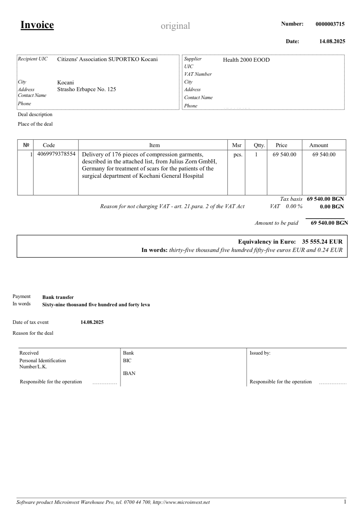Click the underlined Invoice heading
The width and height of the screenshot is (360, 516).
pos(37,25)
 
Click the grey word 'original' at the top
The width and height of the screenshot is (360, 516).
pos(175,26)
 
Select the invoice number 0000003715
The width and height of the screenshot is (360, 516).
pos(330,24)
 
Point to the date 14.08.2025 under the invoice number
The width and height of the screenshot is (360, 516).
pos(332,41)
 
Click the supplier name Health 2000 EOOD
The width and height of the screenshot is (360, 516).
pos(246,60)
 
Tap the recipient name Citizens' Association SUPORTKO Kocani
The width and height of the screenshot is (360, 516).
pos(107,59)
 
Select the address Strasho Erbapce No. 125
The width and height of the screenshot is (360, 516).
pos(87,90)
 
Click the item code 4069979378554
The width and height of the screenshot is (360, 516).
pos(56,154)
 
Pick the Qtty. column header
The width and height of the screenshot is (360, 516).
pos(259,145)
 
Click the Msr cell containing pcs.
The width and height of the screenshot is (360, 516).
pos(238,155)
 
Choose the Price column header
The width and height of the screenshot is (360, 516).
pos(281,145)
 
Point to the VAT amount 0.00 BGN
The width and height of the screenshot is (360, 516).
pos(332,207)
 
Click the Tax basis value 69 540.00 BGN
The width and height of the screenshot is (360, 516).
pos(325,199)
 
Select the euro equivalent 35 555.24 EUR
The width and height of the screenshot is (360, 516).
pos(322,242)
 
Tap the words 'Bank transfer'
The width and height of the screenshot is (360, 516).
pos(58,297)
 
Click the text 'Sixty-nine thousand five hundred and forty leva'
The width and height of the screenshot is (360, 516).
pos(96,305)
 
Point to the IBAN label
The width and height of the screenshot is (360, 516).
pos(129,373)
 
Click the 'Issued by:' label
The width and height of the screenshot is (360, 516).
pos(260,353)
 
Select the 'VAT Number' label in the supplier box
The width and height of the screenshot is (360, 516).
pos(198,74)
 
